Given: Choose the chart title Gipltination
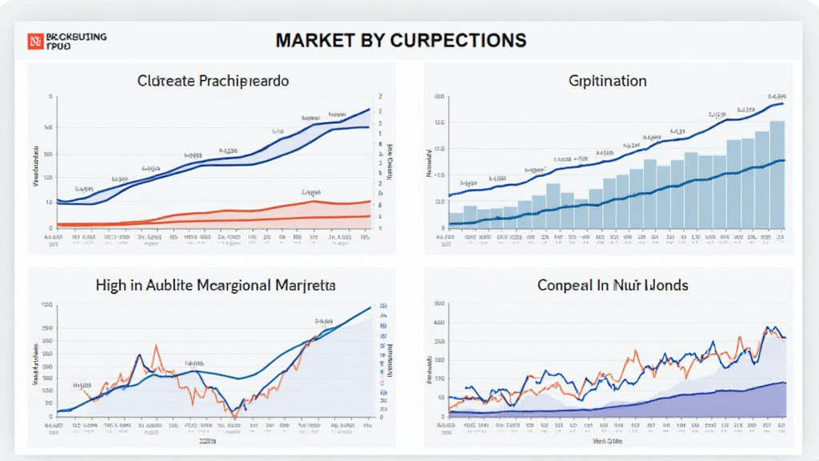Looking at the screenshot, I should (608, 82).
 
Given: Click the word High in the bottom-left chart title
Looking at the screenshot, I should (112, 285).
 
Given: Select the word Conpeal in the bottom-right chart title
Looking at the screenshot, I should (565, 285).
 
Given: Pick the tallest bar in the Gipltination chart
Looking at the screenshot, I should (777, 176).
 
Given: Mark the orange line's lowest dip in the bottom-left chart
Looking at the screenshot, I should (233, 415).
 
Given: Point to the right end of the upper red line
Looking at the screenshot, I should (370, 201).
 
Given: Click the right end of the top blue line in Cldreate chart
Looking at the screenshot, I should (369, 109).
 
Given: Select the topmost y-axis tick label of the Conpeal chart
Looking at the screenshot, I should (437, 305).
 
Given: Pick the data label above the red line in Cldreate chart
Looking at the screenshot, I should (310, 193).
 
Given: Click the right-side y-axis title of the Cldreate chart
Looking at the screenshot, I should (392, 162).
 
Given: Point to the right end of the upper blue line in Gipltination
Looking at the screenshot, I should (785, 102).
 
